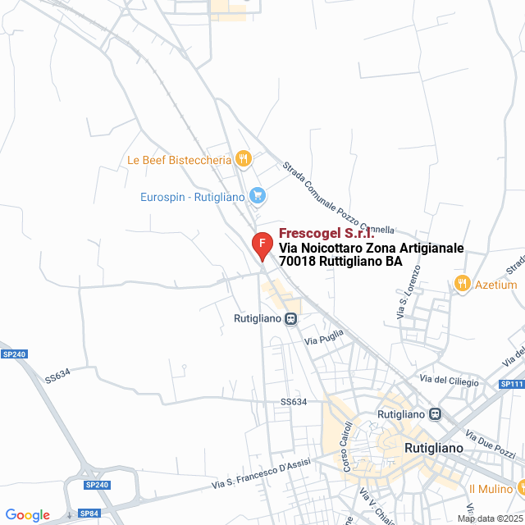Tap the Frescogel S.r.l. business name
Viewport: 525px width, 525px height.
tap(326, 234)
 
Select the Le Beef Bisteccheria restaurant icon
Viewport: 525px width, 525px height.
tap(243, 158)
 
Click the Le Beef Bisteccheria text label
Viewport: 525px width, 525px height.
tap(179, 160)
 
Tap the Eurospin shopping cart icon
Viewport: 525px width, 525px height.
tap(258, 195)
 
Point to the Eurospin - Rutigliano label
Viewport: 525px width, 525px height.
tap(193, 197)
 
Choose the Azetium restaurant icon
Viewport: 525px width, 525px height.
tap(462, 284)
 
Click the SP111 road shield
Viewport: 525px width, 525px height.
tap(511, 384)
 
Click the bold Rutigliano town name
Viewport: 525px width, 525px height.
tap(434, 449)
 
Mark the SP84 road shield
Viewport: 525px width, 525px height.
tap(89, 514)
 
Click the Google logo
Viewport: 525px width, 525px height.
tap(28, 515)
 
